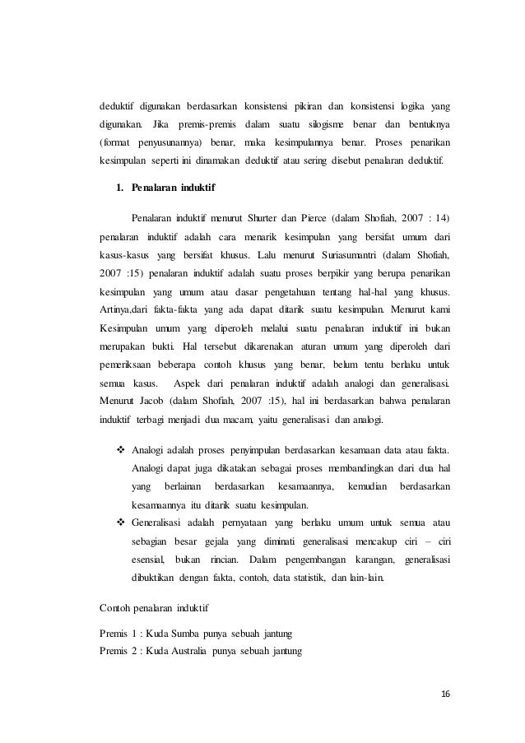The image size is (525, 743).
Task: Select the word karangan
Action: click(x=365, y=559)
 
